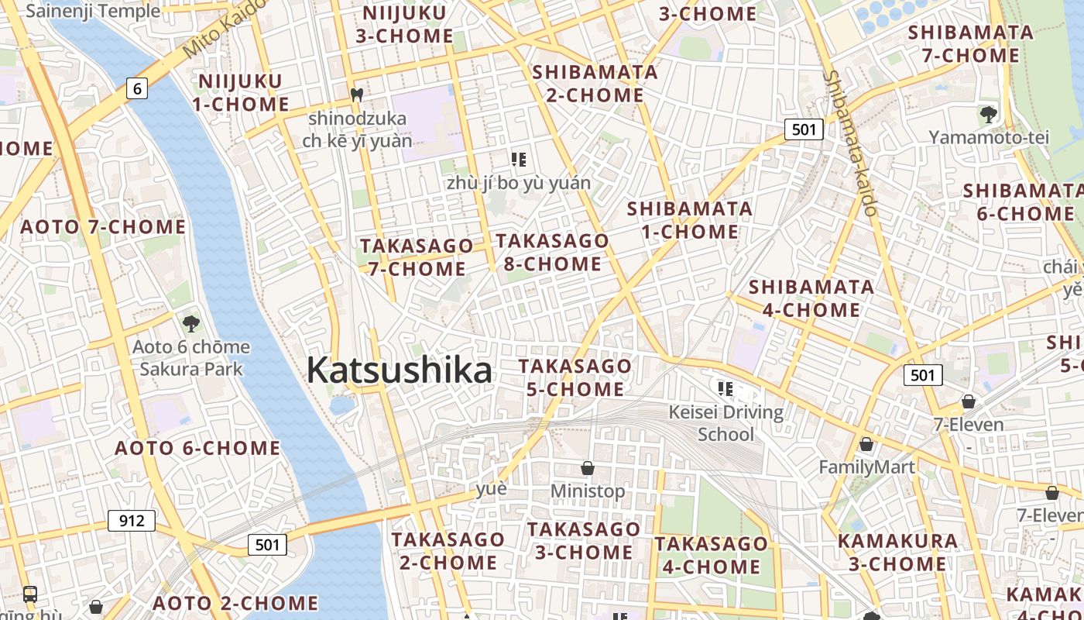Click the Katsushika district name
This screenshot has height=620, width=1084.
click(x=399, y=370)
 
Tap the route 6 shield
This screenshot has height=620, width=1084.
click(x=137, y=88)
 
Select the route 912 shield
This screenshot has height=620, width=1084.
click(x=132, y=520)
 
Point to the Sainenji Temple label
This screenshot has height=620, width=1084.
click(x=93, y=11)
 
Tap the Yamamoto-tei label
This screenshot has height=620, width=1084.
click(x=989, y=137)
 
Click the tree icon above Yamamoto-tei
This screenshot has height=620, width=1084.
click(x=988, y=115)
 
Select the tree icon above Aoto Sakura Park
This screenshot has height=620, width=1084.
click(x=190, y=323)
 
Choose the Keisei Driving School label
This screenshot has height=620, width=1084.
click(x=726, y=422)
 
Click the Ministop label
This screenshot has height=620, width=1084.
click(x=587, y=491)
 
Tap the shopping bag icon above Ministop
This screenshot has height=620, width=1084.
click(x=588, y=468)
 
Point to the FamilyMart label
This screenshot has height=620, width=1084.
click(x=866, y=467)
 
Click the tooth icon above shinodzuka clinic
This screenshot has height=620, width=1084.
click(x=357, y=95)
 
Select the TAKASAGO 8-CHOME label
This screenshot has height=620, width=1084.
click(x=552, y=252)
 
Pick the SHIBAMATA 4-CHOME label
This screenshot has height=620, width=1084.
click(x=811, y=298)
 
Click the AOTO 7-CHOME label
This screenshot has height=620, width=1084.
click(x=102, y=227)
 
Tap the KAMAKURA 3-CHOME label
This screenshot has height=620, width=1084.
click(x=897, y=552)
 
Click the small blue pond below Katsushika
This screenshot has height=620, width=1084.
click(x=341, y=405)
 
